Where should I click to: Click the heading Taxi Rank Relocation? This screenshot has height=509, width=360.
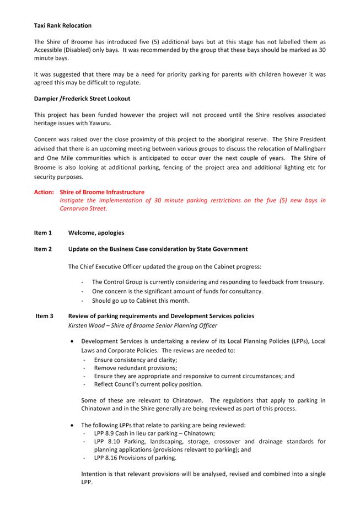point(63,25)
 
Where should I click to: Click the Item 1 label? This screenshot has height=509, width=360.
point(43,233)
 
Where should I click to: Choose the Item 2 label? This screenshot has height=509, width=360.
point(43,249)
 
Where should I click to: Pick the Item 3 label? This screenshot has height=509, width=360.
point(44,316)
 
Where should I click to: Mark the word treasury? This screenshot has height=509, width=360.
point(310,282)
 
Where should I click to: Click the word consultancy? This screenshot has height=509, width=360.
point(244,291)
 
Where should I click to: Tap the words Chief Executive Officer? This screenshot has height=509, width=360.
point(114,266)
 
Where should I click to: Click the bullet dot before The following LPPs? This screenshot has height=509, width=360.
point(73,425)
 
